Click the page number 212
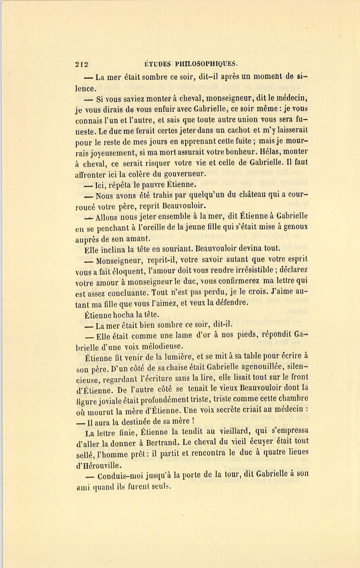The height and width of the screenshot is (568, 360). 81,64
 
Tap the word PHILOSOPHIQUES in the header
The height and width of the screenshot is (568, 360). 204,63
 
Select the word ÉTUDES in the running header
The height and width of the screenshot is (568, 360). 157,63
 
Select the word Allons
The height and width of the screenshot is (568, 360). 107,217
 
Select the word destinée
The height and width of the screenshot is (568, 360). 142,421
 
